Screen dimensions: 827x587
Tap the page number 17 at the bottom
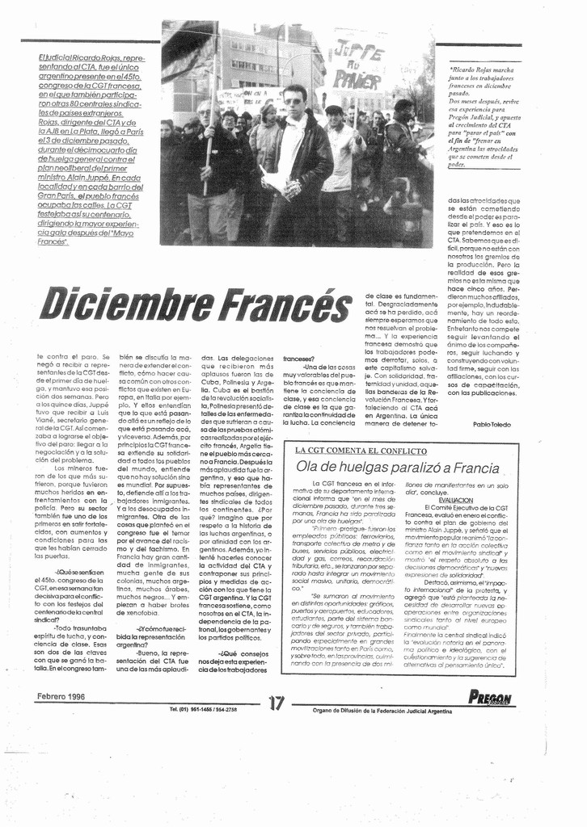click(277, 703)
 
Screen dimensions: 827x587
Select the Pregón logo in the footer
click(490, 698)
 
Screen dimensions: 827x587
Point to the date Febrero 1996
click(61, 695)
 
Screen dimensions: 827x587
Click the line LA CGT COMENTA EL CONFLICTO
click(360, 450)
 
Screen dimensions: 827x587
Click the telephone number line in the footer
click(203, 709)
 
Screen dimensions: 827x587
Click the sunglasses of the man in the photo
click(293, 101)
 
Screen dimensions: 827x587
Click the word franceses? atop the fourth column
click(299, 358)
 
